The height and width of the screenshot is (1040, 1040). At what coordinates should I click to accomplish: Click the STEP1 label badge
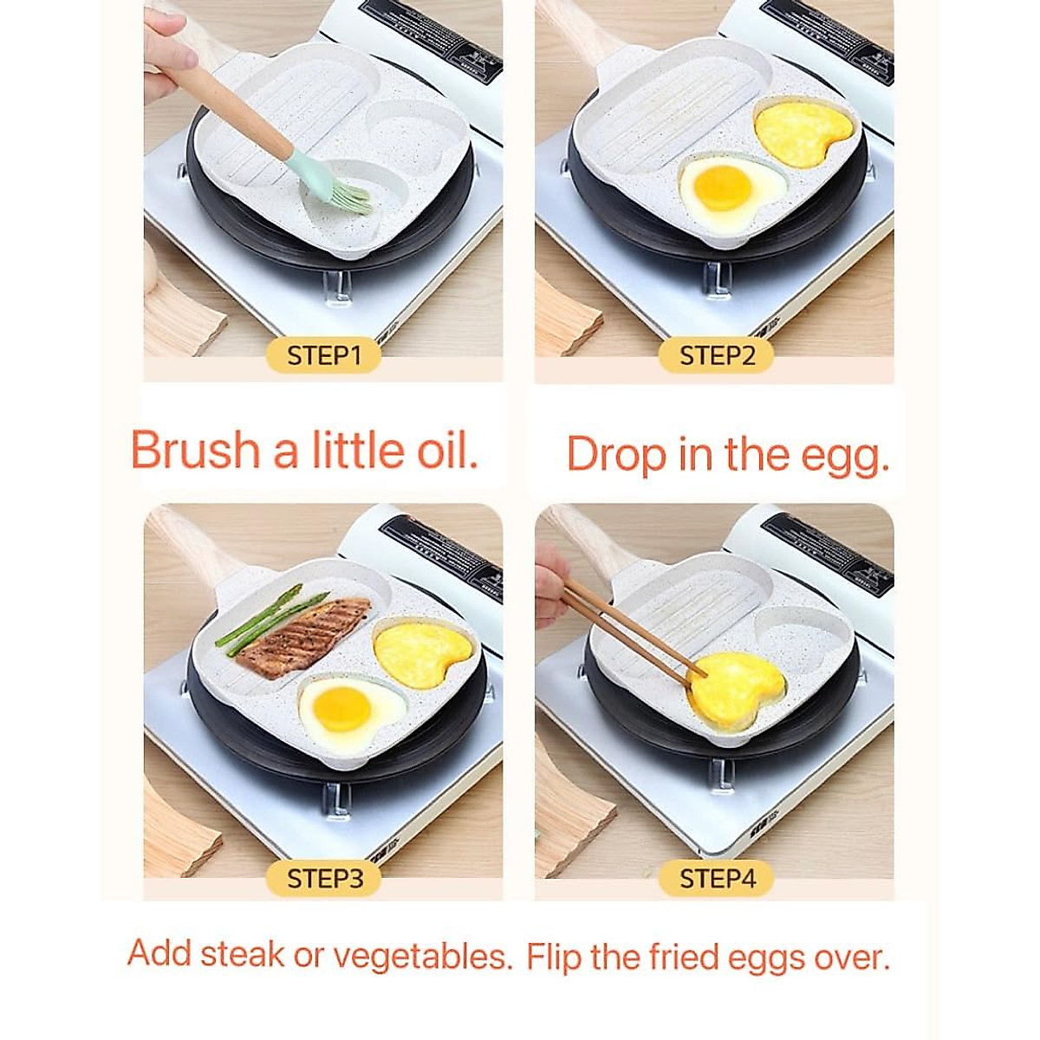322,355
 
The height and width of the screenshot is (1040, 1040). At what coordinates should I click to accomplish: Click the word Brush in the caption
195,451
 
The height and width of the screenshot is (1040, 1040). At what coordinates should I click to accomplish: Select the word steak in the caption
242,954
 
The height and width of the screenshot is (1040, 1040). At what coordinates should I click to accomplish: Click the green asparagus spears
269,616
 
